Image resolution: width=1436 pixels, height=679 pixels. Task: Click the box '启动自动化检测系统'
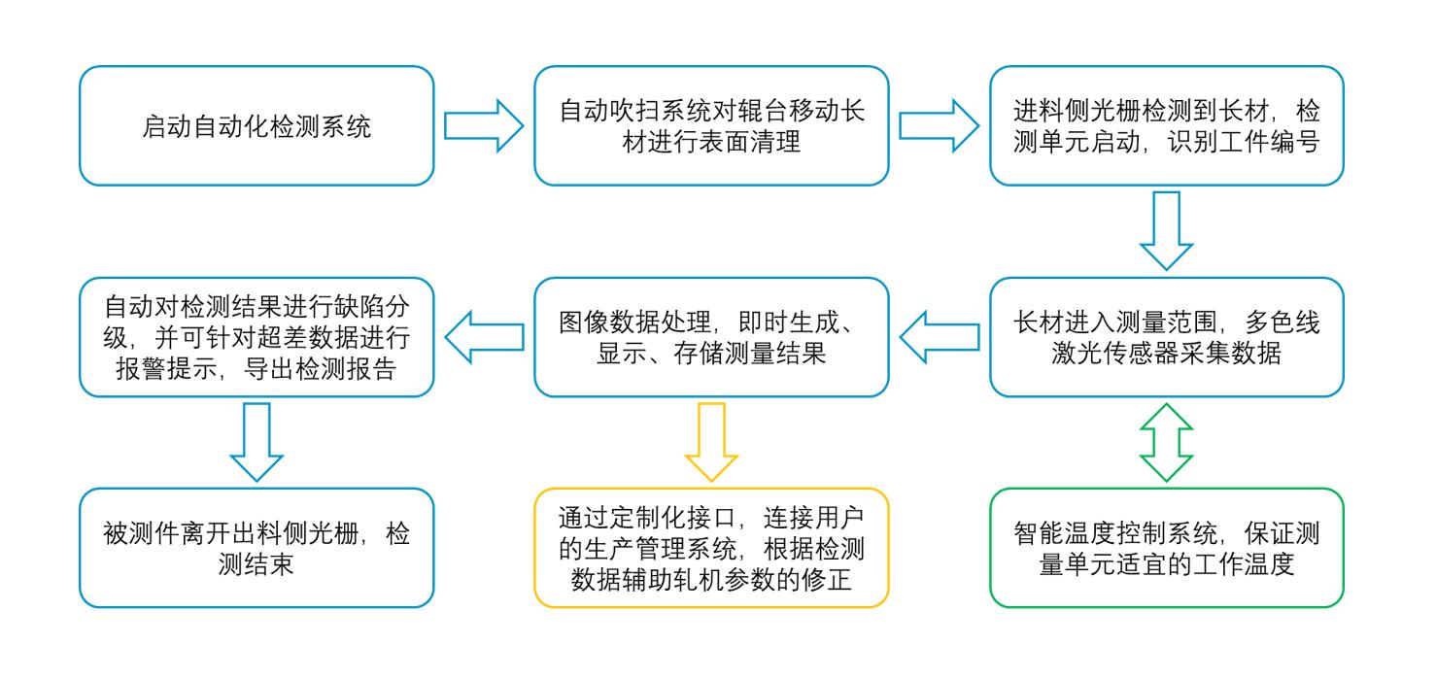256,126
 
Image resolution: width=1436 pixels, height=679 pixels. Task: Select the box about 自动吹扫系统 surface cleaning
711,126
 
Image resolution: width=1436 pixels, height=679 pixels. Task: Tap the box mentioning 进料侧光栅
1166,126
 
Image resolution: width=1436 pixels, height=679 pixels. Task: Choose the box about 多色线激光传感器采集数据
1166,337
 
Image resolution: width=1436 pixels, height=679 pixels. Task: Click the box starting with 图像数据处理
711,337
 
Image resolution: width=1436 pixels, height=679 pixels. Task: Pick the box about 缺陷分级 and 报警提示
256,337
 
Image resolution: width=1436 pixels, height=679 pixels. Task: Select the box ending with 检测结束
256,548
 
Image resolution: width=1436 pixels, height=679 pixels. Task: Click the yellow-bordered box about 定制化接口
711,548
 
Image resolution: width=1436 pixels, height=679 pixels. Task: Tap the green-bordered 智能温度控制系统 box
1166,548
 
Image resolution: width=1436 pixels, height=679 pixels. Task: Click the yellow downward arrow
711,441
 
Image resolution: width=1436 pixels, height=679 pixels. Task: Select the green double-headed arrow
1166,442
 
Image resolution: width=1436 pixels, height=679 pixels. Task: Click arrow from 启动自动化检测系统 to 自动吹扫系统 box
483,126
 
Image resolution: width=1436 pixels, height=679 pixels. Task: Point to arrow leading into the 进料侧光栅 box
939,126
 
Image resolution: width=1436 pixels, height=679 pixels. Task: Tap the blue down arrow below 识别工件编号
1166,230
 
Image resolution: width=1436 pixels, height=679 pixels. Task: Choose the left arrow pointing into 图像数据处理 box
939,337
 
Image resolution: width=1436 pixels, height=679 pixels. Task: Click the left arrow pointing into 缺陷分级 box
483,337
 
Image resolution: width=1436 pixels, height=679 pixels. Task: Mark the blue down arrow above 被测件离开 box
256,441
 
